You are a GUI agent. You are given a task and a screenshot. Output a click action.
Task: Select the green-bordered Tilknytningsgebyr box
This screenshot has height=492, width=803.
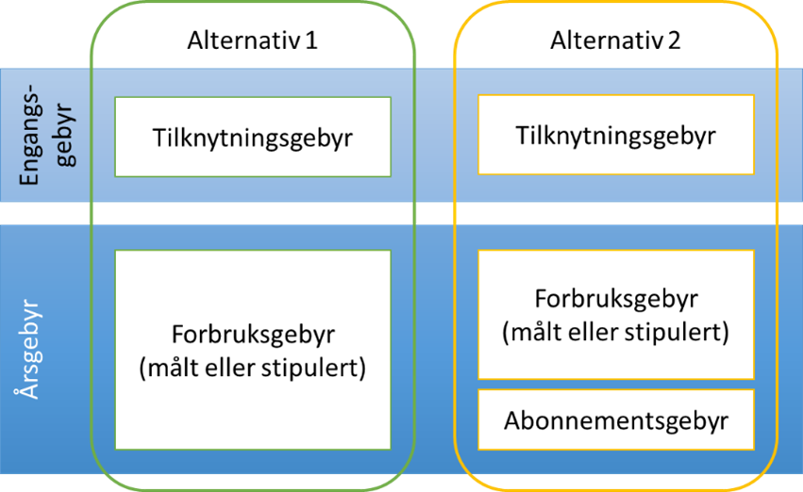point(252,137)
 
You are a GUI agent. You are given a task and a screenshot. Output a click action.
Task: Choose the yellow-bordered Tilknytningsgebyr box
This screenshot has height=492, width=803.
point(615,135)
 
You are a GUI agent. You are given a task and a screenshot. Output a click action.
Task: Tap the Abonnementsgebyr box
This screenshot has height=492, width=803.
point(615,420)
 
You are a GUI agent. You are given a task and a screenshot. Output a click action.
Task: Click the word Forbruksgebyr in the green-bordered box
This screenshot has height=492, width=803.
point(252,335)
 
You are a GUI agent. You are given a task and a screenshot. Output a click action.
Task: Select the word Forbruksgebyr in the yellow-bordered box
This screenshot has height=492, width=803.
point(615,300)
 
